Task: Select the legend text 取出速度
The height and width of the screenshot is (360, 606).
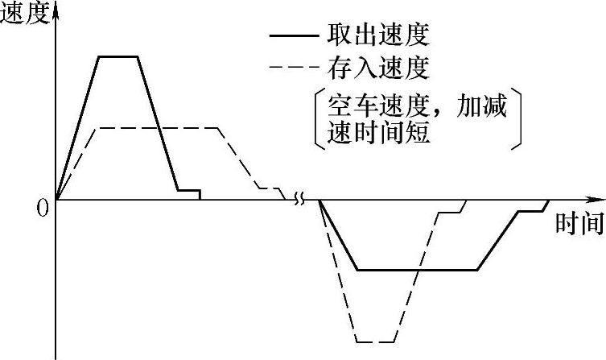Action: (377, 35)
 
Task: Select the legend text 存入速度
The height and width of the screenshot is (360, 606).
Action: (377, 67)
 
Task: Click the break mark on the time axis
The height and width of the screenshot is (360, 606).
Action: (300, 199)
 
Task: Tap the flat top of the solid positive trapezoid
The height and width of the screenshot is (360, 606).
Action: (118, 56)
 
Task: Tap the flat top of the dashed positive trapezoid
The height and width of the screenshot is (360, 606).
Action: (158, 127)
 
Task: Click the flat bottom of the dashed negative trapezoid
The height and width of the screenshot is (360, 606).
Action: (375, 341)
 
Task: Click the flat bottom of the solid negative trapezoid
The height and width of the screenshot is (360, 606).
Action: (417, 270)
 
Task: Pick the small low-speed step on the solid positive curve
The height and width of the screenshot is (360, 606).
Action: (188, 191)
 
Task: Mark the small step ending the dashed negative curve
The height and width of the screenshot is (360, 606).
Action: (451, 211)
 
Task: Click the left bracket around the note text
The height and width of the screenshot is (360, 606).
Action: (317, 119)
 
